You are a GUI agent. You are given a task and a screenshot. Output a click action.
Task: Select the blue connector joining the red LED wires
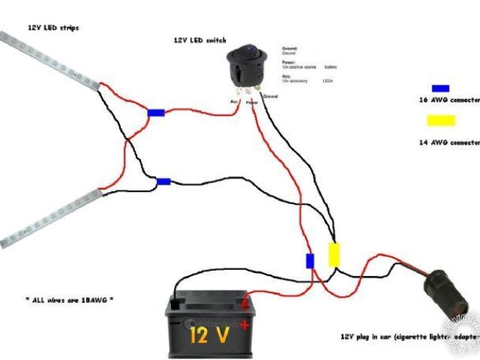156,113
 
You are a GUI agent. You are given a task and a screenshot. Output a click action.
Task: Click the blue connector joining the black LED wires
163,181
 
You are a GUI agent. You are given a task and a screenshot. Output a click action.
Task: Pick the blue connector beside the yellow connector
309,261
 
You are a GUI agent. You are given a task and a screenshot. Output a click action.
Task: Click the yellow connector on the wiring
334,254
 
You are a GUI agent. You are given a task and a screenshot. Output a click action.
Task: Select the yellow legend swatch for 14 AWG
440,121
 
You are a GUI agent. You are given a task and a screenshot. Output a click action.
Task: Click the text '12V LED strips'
53,27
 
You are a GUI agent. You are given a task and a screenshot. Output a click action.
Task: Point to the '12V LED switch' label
199,40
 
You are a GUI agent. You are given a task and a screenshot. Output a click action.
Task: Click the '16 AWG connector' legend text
448,99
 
